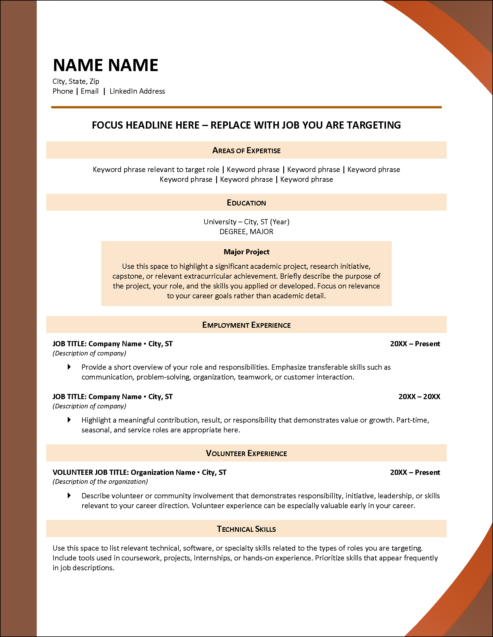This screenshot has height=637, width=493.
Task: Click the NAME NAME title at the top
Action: pos(105,65)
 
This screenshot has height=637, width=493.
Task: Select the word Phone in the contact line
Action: pos(63,91)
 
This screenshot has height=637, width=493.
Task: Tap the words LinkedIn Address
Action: pos(137,91)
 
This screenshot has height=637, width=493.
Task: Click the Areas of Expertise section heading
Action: pos(246,151)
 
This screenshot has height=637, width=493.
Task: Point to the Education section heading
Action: pos(246,203)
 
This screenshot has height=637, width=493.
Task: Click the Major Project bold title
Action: pos(246,252)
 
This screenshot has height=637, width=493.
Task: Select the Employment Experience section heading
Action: pos(246,325)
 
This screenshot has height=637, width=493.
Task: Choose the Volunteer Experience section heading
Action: pos(246,453)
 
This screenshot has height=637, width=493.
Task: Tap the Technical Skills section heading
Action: pos(246,529)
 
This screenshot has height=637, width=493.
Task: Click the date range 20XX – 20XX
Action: pos(419,397)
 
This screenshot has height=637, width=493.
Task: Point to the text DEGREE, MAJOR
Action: pos(246,232)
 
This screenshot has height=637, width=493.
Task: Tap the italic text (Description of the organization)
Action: pos(100,482)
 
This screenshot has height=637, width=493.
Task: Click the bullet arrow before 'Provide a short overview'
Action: pos(69,367)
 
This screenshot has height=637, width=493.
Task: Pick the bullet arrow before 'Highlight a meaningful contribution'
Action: pos(69,420)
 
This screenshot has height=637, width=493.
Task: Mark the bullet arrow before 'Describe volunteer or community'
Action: pos(69,495)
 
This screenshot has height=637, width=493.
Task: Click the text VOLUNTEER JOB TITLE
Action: pos(91,472)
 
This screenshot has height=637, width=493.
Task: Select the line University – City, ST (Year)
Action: pos(246,222)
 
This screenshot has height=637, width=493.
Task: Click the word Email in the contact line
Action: pos(90,91)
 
